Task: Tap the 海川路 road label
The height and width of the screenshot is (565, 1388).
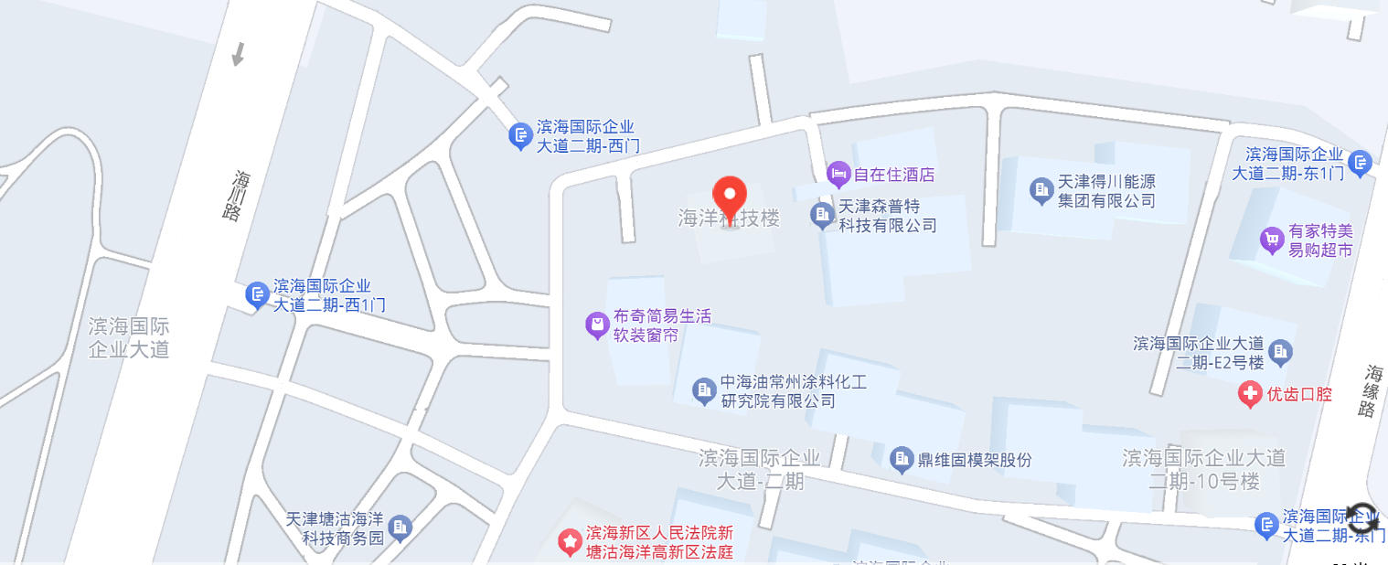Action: [x=242, y=195]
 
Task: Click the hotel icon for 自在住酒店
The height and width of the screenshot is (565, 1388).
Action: [x=838, y=174]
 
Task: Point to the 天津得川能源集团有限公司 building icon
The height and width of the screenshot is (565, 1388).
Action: [x=1041, y=190]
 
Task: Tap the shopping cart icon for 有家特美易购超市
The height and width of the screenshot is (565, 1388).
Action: [x=1272, y=240]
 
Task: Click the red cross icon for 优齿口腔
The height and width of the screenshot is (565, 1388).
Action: [x=1249, y=395]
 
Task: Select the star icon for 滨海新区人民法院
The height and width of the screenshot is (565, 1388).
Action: [x=571, y=542]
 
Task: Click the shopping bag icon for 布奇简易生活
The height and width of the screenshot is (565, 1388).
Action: [x=597, y=325]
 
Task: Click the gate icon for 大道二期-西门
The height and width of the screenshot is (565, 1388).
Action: [x=520, y=137]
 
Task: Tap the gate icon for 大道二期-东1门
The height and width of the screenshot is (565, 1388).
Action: [x=1360, y=163]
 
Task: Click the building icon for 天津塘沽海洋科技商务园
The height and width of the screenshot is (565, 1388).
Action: [x=400, y=528]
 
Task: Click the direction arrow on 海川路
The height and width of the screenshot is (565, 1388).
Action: [x=239, y=54]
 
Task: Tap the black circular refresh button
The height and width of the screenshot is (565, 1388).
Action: [x=1362, y=517]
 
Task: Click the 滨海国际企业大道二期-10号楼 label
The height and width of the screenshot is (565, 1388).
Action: [x=1204, y=469]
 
